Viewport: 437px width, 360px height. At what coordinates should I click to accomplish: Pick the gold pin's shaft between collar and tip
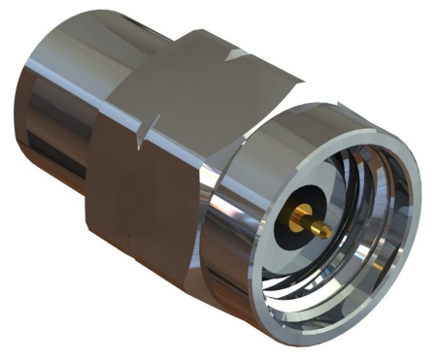coord(314,224)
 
